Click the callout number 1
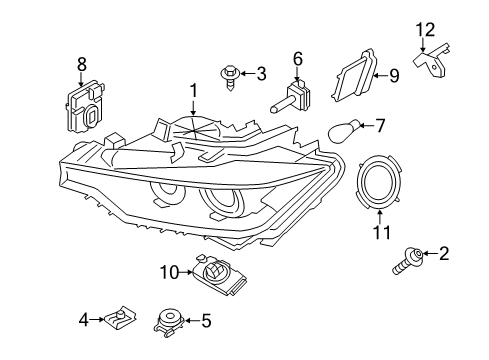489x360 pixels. point(193,91)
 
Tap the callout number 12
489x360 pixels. point(425,30)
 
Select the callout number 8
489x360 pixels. point(82,64)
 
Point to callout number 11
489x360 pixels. point(382,232)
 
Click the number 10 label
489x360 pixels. point(170,272)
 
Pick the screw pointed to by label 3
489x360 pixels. point(230,78)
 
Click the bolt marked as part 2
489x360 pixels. point(408,262)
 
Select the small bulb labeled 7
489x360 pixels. point(344,131)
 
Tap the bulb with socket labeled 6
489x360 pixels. point(291,97)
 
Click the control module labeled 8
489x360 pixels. point(85,107)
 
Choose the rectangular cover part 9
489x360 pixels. point(354,76)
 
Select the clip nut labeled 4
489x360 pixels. point(120,318)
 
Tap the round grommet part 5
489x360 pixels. point(169,321)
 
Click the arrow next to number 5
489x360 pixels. point(192,320)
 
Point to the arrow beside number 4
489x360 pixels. point(97,319)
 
